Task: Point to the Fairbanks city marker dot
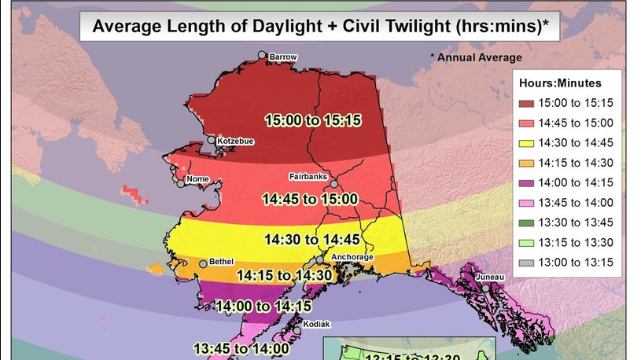pyautogui.click(x=333, y=184)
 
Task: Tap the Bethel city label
pyautogui.click(x=221, y=263)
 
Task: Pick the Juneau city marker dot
pyautogui.click(x=486, y=288)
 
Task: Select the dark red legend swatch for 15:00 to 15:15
pyautogui.click(x=526, y=103)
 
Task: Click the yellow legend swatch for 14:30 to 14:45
pyautogui.click(x=526, y=143)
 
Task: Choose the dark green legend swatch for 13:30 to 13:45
pyautogui.click(x=526, y=222)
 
